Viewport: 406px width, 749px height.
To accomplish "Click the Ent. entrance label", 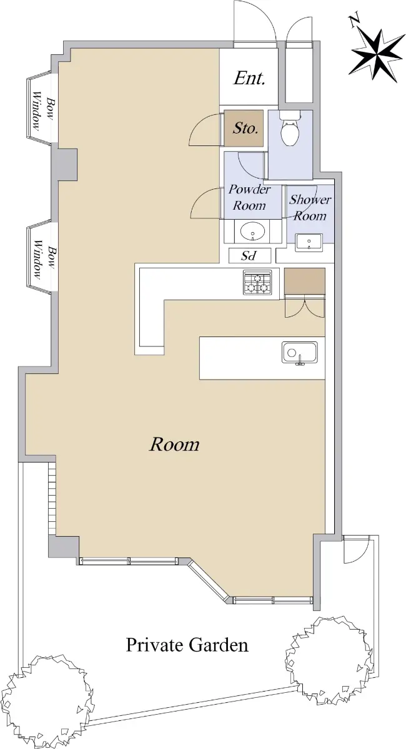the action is click(x=249, y=79).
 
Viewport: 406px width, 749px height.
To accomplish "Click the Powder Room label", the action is click(x=249, y=198).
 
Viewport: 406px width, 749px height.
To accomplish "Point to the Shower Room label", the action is click(x=310, y=208).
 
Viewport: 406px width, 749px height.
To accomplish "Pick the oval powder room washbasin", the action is click(x=253, y=231).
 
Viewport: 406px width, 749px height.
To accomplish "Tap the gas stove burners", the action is click(x=257, y=282).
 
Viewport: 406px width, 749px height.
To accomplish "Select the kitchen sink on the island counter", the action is click(x=300, y=353).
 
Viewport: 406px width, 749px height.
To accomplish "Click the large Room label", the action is click(x=174, y=444).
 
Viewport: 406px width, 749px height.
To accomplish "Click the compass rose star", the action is click(x=376, y=55).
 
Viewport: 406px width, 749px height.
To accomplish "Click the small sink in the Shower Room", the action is click(x=309, y=242).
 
